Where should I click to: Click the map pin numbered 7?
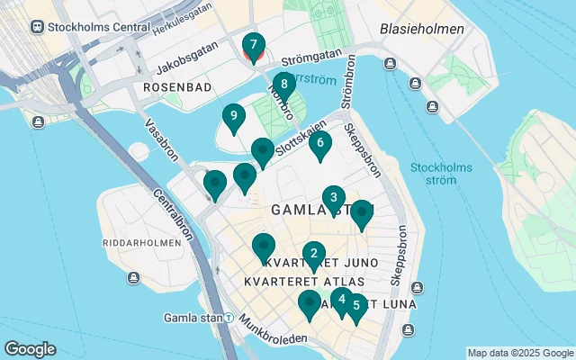(254, 46)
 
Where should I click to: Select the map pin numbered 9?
(233, 117)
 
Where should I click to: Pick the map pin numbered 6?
(319, 144)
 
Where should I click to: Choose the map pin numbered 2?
(313, 255)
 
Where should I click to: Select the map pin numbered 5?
(356, 307)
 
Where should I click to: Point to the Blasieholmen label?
(422, 29)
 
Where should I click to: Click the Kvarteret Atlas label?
(292, 282)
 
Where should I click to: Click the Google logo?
(30, 349)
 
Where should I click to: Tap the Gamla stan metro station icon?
(229, 318)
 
